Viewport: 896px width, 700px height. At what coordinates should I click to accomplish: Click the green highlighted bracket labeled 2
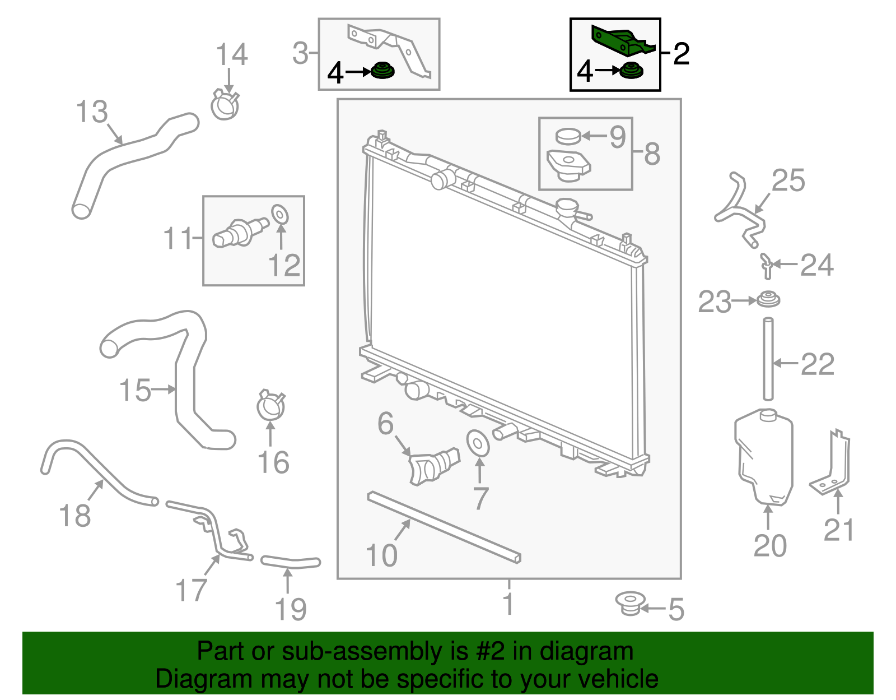[x=622, y=40]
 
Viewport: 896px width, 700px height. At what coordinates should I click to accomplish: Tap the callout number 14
[x=231, y=55]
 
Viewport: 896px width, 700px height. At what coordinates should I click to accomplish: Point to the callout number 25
[x=788, y=180]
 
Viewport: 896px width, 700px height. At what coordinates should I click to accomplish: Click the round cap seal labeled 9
[x=568, y=136]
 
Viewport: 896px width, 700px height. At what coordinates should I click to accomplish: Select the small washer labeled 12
[x=280, y=214]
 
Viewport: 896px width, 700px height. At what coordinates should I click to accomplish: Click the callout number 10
[x=381, y=555]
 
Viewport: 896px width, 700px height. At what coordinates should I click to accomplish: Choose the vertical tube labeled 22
[x=768, y=359]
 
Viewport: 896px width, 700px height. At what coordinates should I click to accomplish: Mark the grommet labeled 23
[x=768, y=299]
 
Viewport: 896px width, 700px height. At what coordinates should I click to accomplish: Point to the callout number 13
[x=91, y=112]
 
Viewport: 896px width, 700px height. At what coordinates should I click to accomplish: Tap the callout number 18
[x=74, y=516]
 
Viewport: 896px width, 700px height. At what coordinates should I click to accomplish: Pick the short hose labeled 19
[x=290, y=561]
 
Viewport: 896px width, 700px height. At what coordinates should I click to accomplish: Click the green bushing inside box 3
[x=383, y=72]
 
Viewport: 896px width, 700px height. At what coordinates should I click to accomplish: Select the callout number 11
[x=178, y=239]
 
